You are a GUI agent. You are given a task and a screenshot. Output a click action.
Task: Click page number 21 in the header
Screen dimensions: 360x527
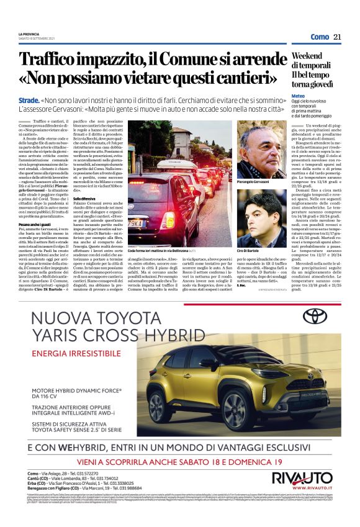click(x=337, y=37)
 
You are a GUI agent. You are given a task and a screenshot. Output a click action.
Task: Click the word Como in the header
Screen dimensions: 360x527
click(x=320, y=37)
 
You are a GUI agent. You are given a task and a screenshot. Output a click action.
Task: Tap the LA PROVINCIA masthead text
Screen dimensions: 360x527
click(x=28, y=34)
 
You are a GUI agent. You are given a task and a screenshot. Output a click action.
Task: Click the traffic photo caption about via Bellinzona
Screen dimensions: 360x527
click(x=155, y=249)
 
